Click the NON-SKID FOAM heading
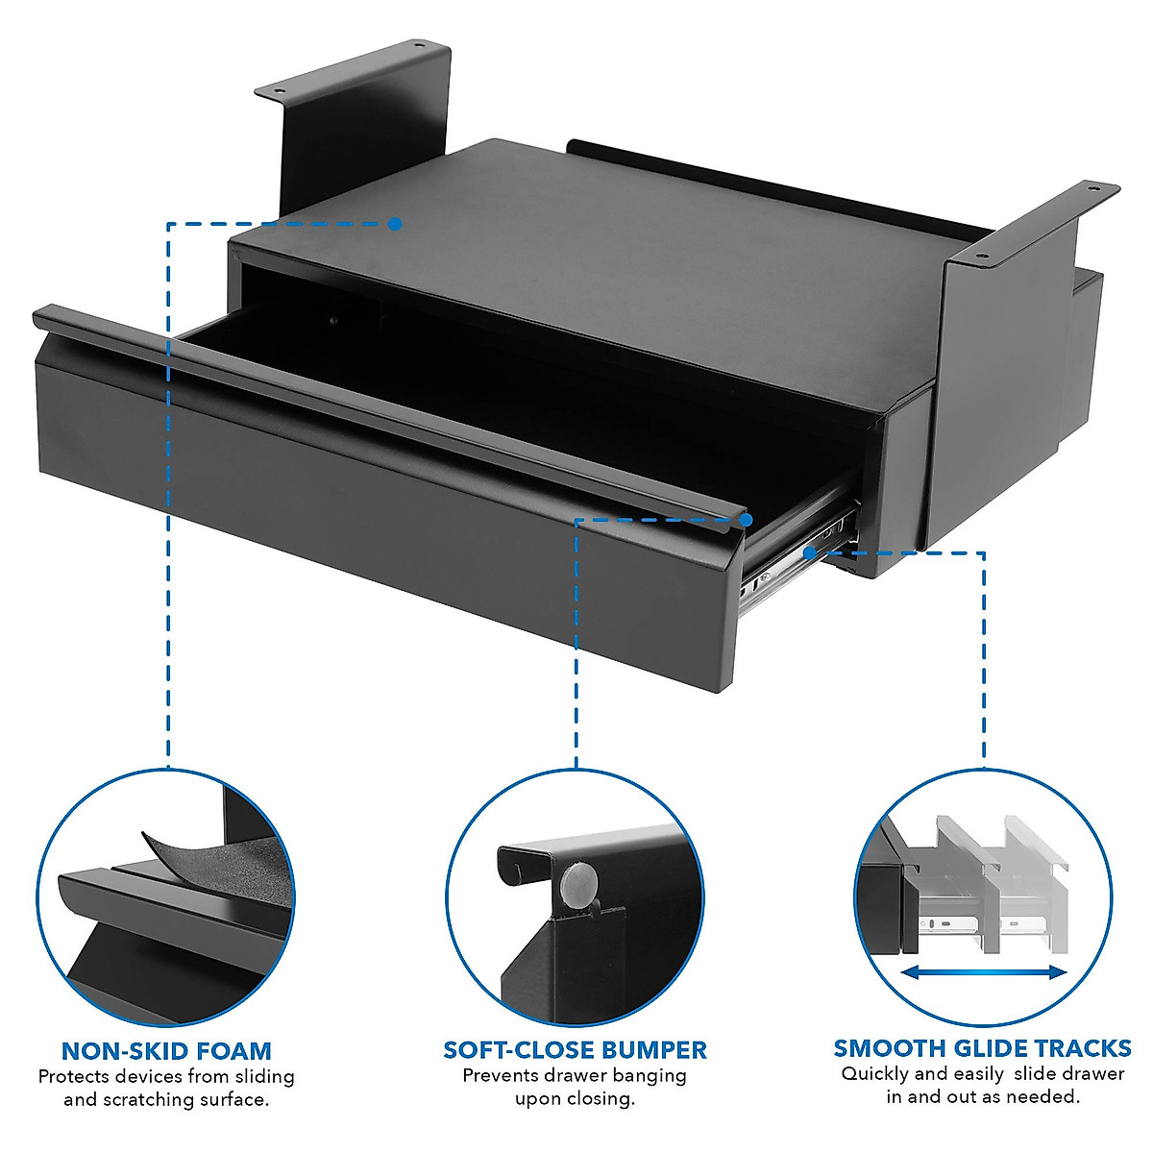pyautogui.click(x=166, y=1050)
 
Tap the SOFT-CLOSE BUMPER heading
pyautogui.click(x=575, y=1049)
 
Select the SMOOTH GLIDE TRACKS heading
pyautogui.click(x=982, y=1047)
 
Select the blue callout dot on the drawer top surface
pyautogui.click(x=395, y=224)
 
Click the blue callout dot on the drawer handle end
pyautogui.click(x=746, y=519)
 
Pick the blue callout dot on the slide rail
pyautogui.click(x=810, y=552)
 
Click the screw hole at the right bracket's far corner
pyautogui.click(x=1095, y=190)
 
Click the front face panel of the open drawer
pyautogui.click(x=384, y=509)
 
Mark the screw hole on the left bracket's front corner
pyautogui.click(x=280, y=92)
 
